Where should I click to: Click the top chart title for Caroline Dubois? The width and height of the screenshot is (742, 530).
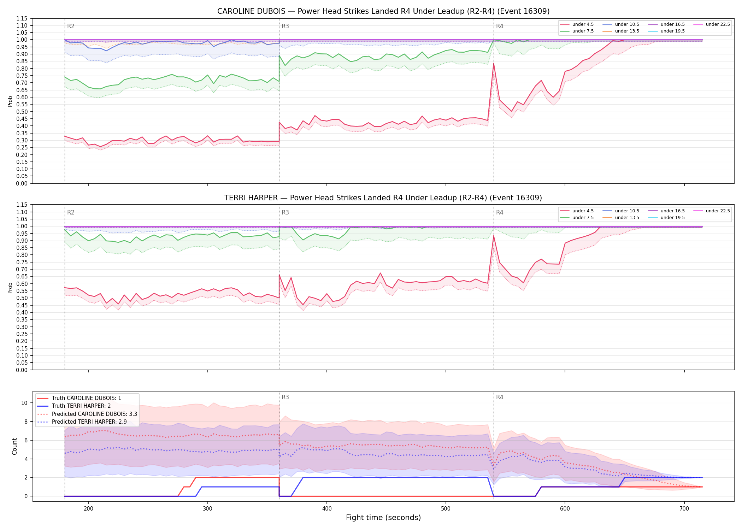(x=383, y=11)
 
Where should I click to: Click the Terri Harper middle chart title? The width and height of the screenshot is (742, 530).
(x=383, y=198)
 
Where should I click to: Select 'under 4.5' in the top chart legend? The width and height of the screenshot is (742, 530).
(x=583, y=24)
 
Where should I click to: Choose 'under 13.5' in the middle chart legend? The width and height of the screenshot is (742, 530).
(x=627, y=218)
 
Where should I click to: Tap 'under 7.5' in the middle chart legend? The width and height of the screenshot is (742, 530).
(x=583, y=218)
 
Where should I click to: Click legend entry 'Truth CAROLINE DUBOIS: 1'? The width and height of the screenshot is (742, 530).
(x=87, y=398)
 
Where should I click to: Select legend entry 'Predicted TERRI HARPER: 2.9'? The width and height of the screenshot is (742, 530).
(x=89, y=422)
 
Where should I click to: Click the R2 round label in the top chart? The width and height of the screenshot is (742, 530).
(x=71, y=26)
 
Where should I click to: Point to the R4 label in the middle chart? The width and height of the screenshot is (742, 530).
(x=500, y=212)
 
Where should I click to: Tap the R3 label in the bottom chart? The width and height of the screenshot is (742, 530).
(x=285, y=397)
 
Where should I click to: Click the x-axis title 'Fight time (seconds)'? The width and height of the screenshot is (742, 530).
(x=383, y=518)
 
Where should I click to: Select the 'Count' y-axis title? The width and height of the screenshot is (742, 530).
(x=14, y=446)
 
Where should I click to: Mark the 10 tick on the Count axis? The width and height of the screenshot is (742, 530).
(x=24, y=403)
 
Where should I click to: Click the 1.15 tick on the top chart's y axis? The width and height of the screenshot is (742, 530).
(x=22, y=18)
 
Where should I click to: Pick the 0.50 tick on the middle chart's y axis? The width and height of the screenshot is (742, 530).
(x=22, y=298)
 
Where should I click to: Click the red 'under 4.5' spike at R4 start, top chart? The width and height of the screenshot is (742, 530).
(x=494, y=63)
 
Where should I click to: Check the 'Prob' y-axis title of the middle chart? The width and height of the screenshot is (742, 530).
(x=10, y=288)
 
